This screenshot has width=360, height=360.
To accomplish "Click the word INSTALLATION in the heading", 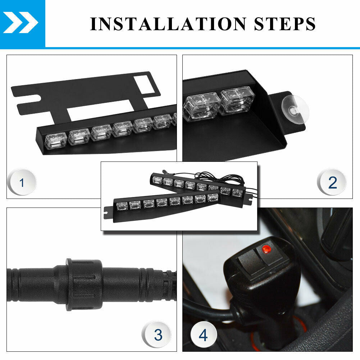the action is coord(168,24).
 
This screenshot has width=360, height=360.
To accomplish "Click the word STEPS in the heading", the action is coord(285,24).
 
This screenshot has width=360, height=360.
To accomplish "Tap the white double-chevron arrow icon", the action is coord(20,23).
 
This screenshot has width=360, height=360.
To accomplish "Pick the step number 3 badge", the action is coord(157,334).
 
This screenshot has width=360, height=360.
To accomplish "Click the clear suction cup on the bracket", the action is coord(295,110).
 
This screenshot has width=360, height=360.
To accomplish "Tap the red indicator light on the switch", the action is coord(266,249).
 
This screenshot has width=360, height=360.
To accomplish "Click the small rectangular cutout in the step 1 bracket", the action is coord(144,85).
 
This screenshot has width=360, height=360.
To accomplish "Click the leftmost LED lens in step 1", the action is coord(55,140).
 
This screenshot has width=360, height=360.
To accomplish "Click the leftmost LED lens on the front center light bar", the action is coord(122,206).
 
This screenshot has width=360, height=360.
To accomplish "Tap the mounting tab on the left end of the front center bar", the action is coord(108,213).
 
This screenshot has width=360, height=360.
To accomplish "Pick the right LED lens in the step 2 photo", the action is coord(237,101).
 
